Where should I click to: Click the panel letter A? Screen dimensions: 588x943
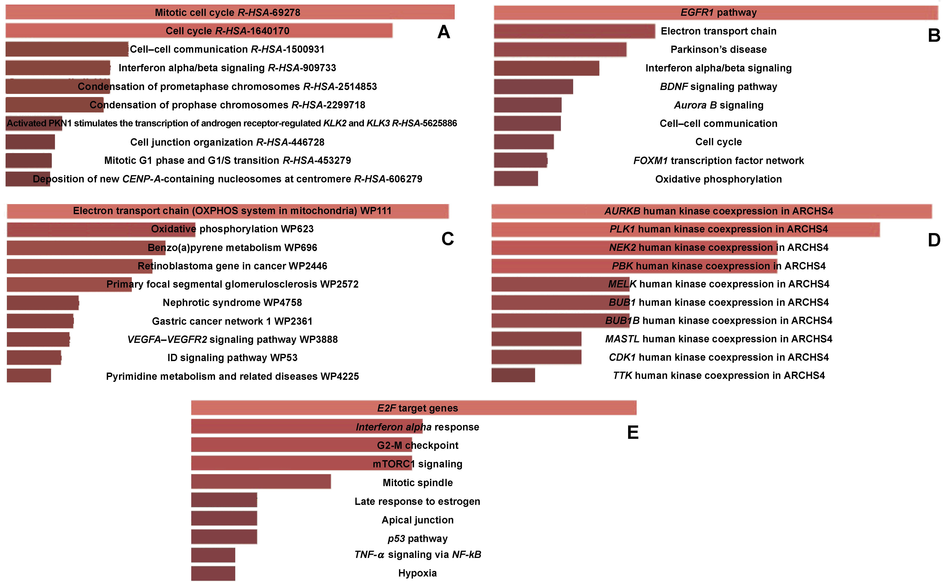(x=444, y=32)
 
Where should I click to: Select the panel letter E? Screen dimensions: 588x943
(x=633, y=433)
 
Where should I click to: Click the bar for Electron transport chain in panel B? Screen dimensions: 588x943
(x=574, y=31)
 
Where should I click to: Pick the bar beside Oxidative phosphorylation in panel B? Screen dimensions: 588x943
(x=516, y=179)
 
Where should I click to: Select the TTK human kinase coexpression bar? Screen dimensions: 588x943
(x=513, y=375)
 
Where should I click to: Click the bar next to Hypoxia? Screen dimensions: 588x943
(x=213, y=573)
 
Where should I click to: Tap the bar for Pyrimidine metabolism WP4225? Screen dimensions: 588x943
(x=29, y=376)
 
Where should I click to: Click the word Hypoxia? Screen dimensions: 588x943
(x=417, y=573)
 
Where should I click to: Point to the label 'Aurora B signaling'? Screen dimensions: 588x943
(x=719, y=105)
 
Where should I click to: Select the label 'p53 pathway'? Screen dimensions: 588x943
(x=417, y=539)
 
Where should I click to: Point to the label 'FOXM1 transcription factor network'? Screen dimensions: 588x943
(x=719, y=161)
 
